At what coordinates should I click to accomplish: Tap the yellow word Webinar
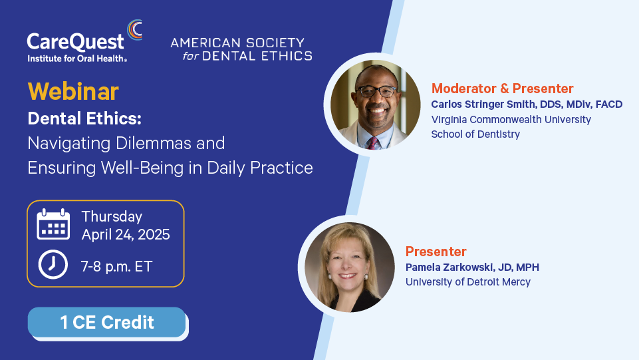73,91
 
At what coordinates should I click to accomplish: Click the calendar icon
53,224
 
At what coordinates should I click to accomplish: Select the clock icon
53,265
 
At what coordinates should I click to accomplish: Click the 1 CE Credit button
107,322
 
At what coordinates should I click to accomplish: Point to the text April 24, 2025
126,234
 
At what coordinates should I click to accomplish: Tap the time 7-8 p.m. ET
116,267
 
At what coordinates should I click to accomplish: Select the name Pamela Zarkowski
449,268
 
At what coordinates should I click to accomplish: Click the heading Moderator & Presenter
503,89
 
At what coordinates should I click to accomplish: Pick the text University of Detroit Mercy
468,282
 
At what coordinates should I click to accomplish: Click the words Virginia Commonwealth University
511,120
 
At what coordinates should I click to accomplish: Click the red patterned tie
372,143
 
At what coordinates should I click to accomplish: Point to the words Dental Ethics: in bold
84,118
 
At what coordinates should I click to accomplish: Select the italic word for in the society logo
191,56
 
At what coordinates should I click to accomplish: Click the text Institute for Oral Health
77,59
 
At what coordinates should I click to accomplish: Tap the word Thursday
112,216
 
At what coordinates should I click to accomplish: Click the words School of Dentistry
475,134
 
